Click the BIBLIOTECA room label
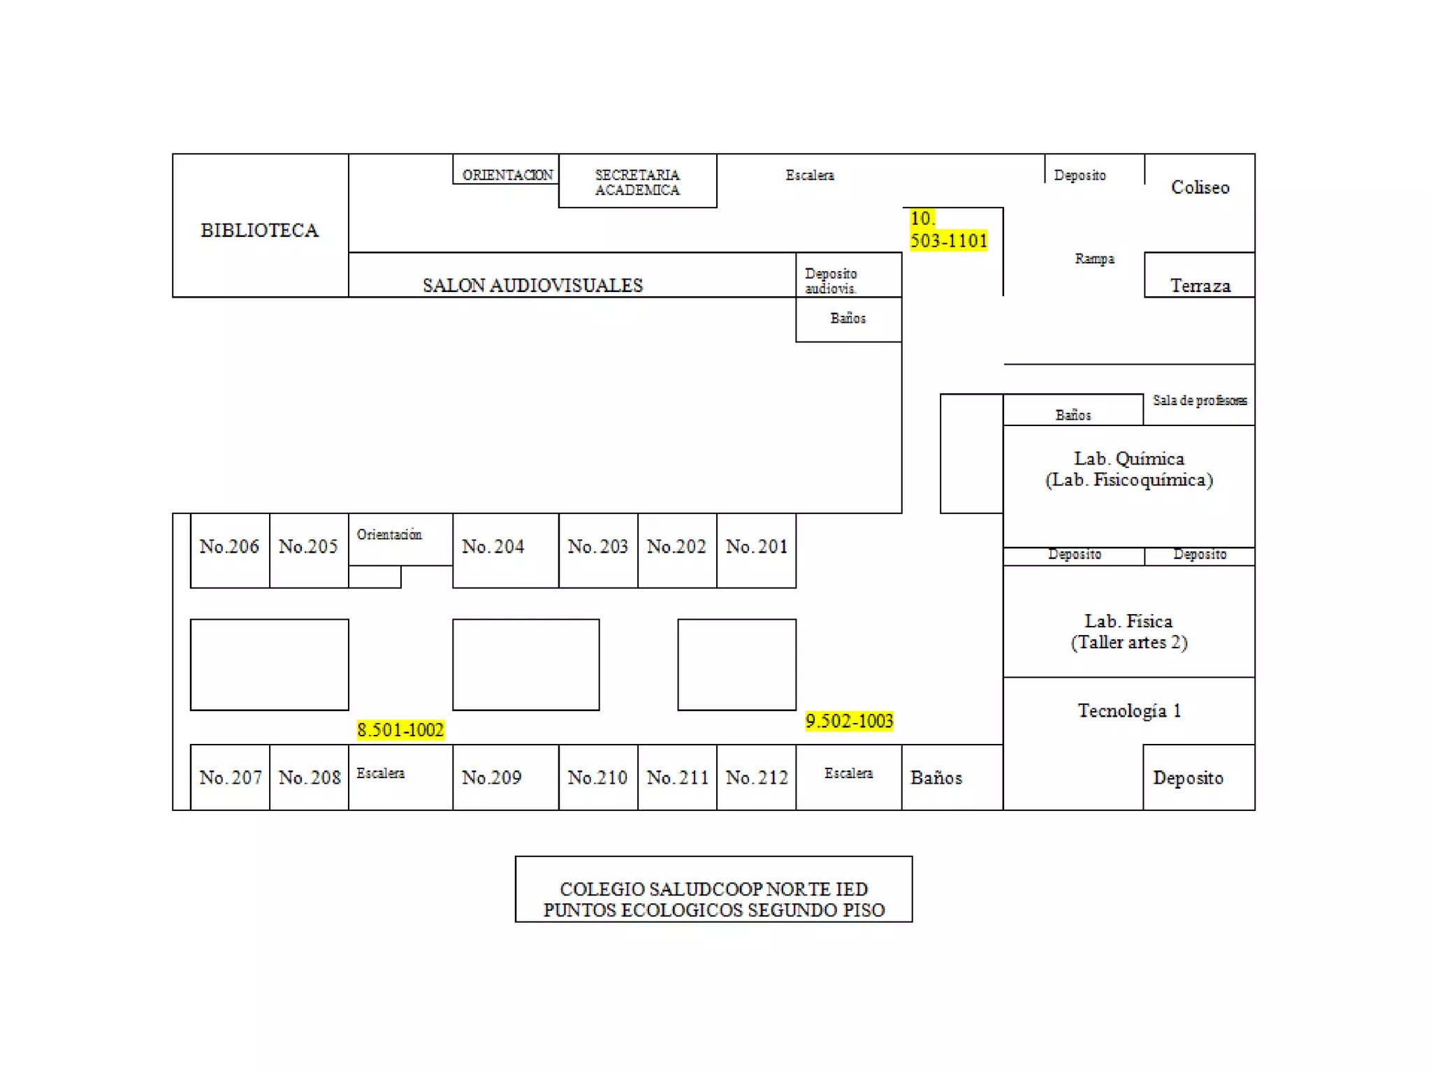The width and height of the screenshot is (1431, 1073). click(259, 230)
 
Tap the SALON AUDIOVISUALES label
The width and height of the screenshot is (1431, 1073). click(532, 285)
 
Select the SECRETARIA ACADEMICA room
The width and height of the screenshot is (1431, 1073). click(637, 182)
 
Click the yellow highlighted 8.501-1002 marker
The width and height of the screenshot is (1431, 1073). click(400, 730)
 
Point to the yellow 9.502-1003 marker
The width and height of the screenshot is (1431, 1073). click(849, 721)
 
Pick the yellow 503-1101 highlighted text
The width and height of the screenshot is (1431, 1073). click(948, 240)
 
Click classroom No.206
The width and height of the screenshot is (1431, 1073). click(229, 546)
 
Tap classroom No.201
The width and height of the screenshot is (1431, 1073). click(757, 546)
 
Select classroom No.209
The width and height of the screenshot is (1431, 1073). click(492, 778)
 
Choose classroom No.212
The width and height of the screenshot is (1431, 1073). click(757, 778)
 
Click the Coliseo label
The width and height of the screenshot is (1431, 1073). click(1200, 187)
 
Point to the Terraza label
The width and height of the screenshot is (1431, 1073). click(1200, 285)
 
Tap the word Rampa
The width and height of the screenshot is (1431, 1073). click(1094, 258)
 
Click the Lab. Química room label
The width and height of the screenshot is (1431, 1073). click(1129, 459)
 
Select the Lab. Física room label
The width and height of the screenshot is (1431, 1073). click(1128, 621)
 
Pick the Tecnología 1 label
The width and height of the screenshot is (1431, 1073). click(1129, 710)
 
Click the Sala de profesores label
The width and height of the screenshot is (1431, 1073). click(1200, 400)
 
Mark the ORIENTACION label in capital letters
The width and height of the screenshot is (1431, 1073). click(507, 175)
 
